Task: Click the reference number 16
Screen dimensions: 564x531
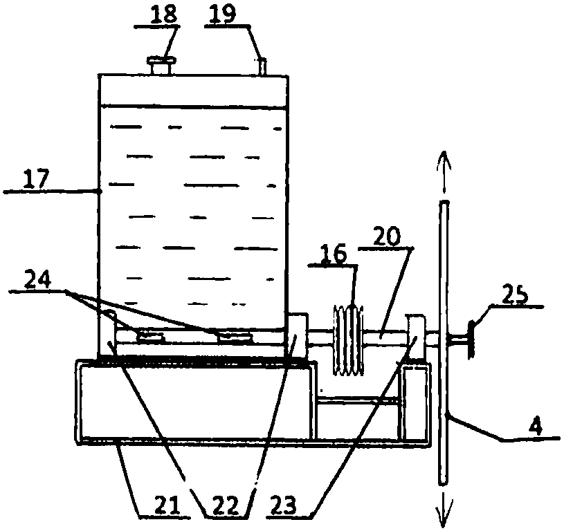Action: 334,254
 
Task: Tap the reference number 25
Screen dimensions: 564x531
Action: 515,295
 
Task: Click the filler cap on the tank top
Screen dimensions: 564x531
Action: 161,66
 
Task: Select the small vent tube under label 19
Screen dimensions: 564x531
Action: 262,67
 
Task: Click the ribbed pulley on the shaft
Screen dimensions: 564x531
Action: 349,340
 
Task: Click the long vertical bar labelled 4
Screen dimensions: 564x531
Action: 444,342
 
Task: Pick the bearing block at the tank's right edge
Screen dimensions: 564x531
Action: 298,335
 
